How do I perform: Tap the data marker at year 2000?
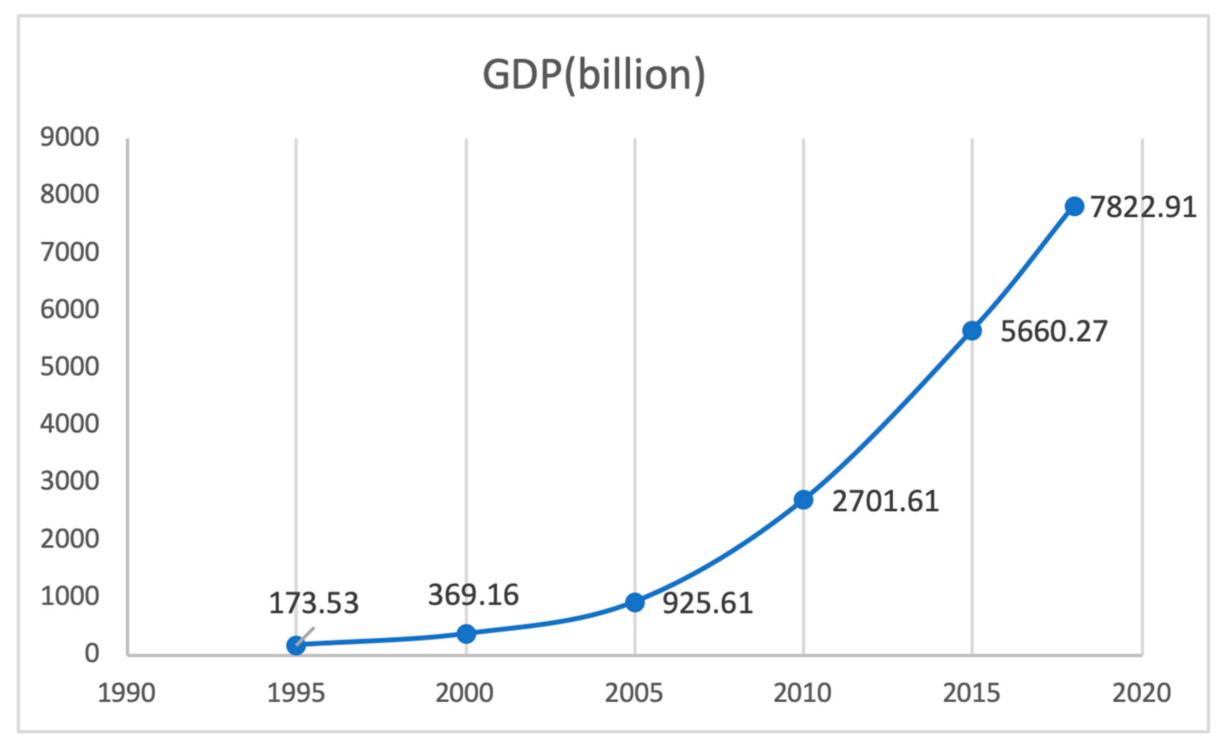pyautogui.click(x=466, y=634)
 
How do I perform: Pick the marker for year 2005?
pyautogui.click(x=635, y=602)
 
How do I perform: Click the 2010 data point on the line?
pyautogui.click(x=803, y=500)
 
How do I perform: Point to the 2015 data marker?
pyautogui.click(x=972, y=331)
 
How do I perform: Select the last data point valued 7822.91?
pyautogui.click(x=1074, y=206)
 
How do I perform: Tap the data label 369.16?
pyautogui.click(x=473, y=595)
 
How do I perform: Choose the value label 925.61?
pyautogui.click(x=708, y=603)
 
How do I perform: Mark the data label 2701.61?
pyautogui.click(x=885, y=501)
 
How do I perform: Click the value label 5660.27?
pyautogui.click(x=1054, y=331)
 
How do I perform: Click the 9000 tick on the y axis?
pyautogui.click(x=70, y=137)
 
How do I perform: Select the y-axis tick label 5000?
pyautogui.click(x=70, y=366)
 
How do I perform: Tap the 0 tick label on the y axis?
pyautogui.click(x=92, y=653)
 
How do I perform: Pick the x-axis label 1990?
pyautogui.click(x=127, y=693)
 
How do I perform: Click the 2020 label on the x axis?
pyautogui.click(x=1141, y=693)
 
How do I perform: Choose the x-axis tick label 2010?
pyautogui.click(x=803, y=693)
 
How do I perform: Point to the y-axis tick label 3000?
pyautogui.click(x=70, y=481)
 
